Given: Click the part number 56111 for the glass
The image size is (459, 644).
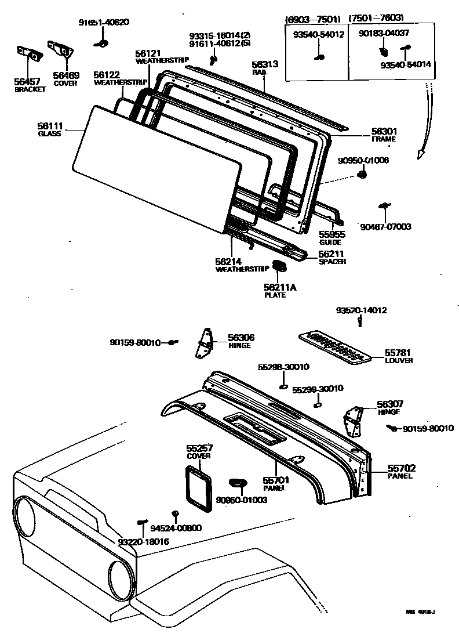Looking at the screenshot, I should tap(50, 126).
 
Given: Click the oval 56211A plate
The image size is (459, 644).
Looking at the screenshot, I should tap(280, 266).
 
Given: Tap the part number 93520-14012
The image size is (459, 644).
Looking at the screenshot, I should tap(361, 310).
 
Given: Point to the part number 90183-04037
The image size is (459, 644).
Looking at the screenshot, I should tap(384, 34).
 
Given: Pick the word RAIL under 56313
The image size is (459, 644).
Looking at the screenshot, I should tap(259, 73).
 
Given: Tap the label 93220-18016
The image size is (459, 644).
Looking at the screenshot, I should tap(143, 541).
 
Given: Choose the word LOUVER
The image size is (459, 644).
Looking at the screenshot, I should tap(399, 361).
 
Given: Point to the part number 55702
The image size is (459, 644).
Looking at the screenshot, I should tap(402, 468).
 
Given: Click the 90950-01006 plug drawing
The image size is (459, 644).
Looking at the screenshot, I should tap(362, 174).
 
